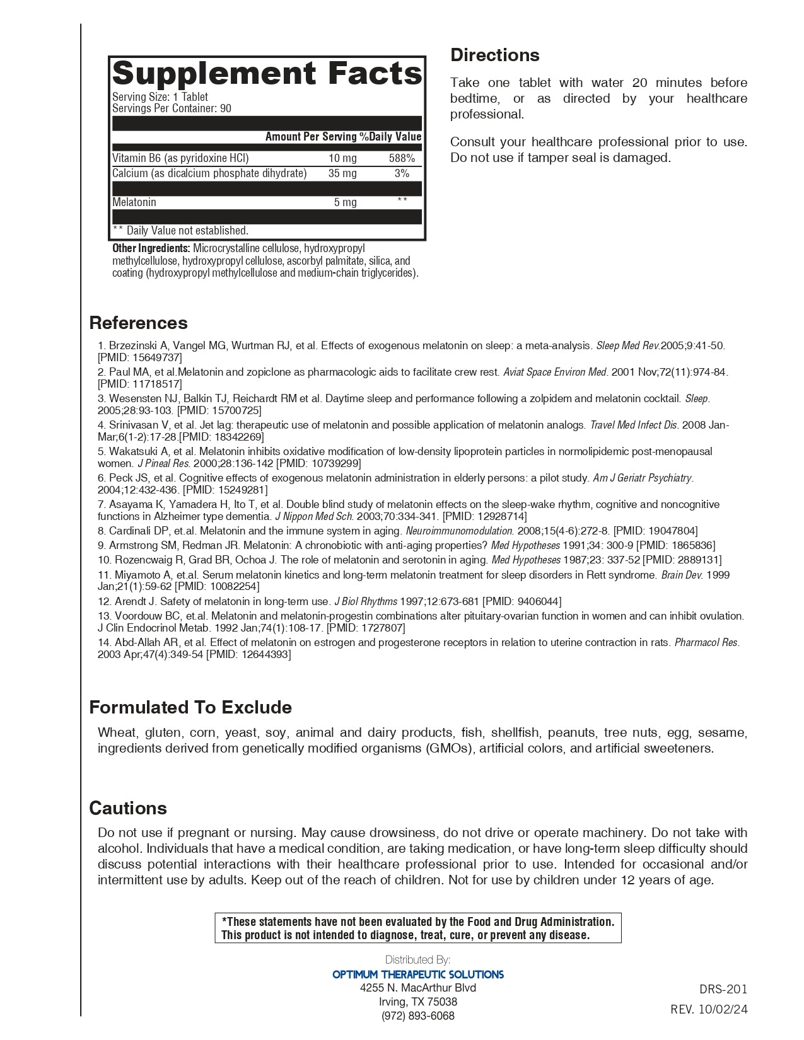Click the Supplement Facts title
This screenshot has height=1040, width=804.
tap(267, 74)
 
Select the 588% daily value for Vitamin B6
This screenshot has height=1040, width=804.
tap(402, 158)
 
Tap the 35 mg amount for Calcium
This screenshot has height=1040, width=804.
tap(342, 173)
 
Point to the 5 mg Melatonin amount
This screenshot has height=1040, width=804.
tap(345, 202)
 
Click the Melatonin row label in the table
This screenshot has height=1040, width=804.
tap(134, 202)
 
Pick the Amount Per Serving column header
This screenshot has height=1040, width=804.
tap(311, 137)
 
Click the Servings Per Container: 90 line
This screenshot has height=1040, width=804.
tap(172, 108)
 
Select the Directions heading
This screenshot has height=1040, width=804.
tap(494, 55)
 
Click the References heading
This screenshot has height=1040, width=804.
tap(138, 323)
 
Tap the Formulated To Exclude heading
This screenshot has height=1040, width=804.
tap(190, 707)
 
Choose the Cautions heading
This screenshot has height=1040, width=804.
tap(128, 808)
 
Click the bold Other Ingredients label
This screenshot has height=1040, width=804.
tap(151, 248)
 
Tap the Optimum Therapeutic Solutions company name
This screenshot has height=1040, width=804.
tap(418, 974)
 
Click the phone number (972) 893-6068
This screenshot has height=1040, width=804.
tap(417, 1015)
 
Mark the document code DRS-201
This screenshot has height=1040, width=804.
tap(723, 989)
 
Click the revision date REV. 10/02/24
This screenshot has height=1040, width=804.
tap(709, 1009)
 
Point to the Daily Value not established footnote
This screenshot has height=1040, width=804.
tap(180, 231)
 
